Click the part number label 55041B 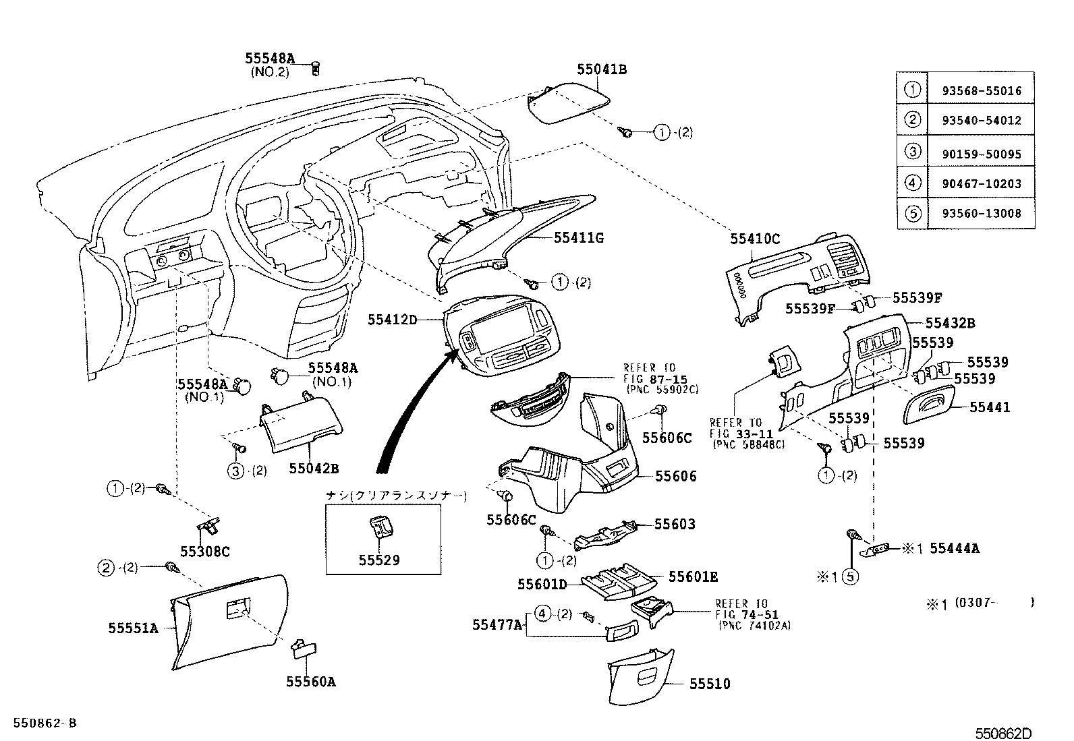[602, 69]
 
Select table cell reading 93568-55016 [980, 90]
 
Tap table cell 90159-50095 [980, 153]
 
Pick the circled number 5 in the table [912, 214]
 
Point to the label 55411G [579, 237]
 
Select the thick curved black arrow [412, 411]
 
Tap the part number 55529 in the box [379, 560]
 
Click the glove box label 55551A [133, 628]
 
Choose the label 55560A [310, 682]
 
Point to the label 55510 [710, 684]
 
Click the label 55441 [990, 407]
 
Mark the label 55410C [755, 238]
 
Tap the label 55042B [314, 467]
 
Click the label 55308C [206, 552]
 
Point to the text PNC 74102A [754, 625]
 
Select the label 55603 [675, 524]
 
